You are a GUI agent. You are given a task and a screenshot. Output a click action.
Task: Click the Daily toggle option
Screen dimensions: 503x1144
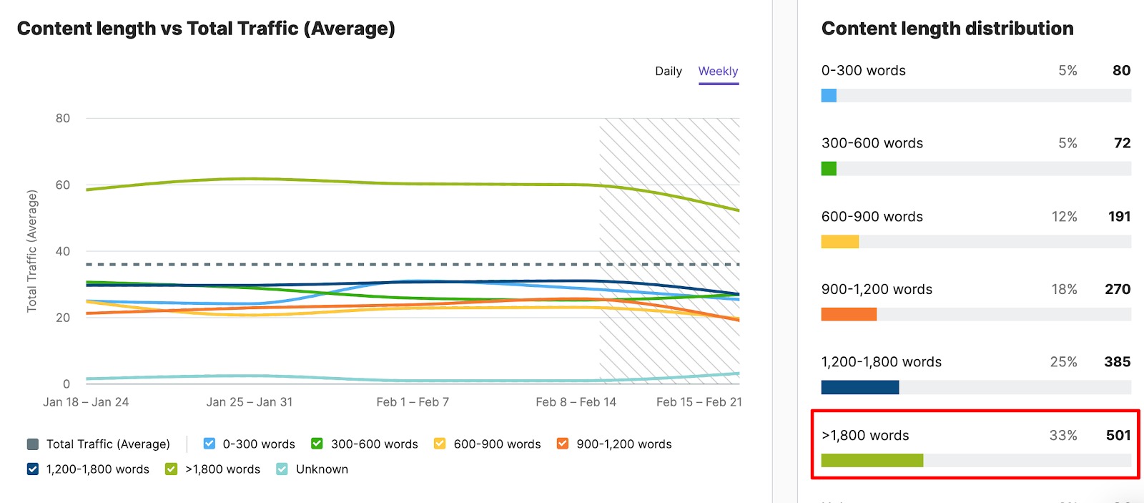pyautogui.click(x=668, y=72)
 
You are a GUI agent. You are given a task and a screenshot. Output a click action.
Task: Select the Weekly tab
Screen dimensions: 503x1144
pyautogui.click(x=718, y=72)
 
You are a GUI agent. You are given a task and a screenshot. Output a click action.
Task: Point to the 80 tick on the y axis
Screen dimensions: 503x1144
pyautogui.click(x=63, y=119)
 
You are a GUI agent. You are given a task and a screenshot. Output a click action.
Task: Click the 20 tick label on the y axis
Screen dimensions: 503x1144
pyautogui.click(x=63, y=318)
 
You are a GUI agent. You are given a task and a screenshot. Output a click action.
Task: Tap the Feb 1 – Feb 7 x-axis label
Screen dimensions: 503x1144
pyautogui.click(x=413, y=402)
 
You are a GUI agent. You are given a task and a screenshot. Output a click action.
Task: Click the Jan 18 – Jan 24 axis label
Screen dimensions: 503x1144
pyautogui.click(x=86, y=402)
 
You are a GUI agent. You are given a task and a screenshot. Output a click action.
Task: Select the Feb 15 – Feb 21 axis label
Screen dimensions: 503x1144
pyautogui.click(x=699, y=402)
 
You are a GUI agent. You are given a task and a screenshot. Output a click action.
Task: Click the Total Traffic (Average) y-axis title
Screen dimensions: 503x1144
pyautogui.click(x=31, y=251)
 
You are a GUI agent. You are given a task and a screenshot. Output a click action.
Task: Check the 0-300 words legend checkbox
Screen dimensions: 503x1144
pyautogui.click(x=209, y=444)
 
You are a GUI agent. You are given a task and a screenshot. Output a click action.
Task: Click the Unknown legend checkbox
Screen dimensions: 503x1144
pyautogui.click(x=282, y=469)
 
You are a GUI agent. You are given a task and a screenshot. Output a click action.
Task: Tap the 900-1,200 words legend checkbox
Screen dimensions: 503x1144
pyautogui.click(x=563, y=444)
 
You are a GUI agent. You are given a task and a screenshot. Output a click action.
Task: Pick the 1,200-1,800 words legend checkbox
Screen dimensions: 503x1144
pyautogui.click(x=33, y=469)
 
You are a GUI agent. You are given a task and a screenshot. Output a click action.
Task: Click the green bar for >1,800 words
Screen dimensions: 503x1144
pyautogui.click(x=872, y=460)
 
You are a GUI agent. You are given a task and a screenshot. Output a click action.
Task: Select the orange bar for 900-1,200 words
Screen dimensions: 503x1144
pyautogui.click(x=849, y=314)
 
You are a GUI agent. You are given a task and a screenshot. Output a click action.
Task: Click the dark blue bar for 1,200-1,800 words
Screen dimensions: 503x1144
pyautogui.click(x=859, y=387)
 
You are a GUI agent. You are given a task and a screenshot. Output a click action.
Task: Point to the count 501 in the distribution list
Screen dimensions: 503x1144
pyautogui.click(x=1118, y=436)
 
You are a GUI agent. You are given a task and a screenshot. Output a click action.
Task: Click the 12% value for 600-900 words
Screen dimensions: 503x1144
pyautogui.click(x=1064, y=217)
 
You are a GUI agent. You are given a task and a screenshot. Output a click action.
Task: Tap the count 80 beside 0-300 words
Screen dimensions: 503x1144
pyautogui.click(x=1121, y=71)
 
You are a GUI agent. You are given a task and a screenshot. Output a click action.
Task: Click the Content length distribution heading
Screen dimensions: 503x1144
pyautogui.click(x=947, y=29)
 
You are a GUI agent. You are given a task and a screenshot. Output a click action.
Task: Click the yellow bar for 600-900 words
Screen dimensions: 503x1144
pyautogui.click(x=839, y=241)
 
